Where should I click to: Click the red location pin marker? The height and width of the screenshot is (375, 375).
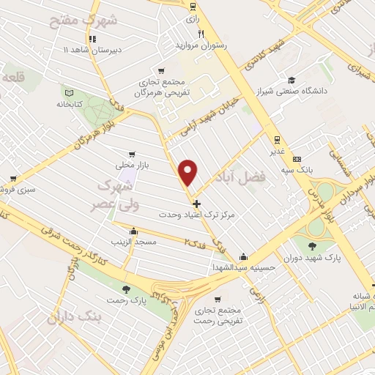189,173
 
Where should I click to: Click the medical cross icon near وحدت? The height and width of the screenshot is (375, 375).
196,203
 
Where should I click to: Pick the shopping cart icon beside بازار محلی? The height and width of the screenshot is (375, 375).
131,155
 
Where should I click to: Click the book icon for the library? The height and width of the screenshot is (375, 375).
70,93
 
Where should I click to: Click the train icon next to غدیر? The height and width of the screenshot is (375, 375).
277,139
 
